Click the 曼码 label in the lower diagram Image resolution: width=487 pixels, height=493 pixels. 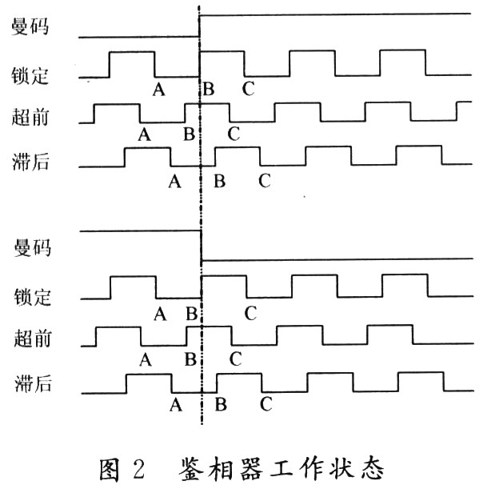31,247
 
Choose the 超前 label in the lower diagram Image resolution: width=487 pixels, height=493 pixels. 31,339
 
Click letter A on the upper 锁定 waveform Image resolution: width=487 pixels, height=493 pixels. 158,88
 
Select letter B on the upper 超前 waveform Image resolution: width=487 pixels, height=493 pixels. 189,133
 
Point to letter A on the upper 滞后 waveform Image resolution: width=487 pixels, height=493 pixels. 174,181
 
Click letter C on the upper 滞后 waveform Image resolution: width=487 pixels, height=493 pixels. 265,181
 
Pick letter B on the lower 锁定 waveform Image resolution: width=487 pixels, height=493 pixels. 190,313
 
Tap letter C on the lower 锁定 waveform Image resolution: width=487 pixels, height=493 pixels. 250,313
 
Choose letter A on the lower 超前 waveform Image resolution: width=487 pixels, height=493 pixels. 145,359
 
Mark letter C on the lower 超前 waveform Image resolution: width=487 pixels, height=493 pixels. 234,359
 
